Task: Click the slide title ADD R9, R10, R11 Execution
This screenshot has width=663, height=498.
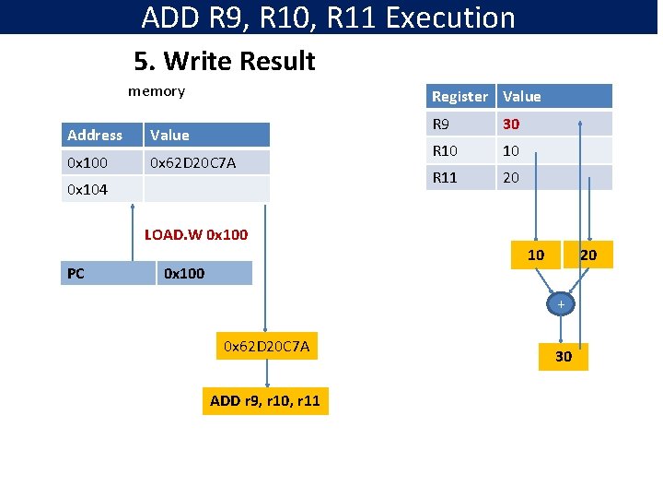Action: [329, 18]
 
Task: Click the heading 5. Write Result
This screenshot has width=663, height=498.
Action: [224, 62]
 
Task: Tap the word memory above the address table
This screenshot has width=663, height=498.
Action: [157, 91]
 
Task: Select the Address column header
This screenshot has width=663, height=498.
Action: [101, 135]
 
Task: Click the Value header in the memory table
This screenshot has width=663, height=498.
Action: [208, 135]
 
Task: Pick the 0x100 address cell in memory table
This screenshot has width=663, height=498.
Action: [101, 162]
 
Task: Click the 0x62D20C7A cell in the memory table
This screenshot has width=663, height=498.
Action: [208, 162]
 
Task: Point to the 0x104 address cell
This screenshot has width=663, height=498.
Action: [101, 189]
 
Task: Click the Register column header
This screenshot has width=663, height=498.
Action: [460, 96]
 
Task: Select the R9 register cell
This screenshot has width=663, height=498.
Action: [460, 124]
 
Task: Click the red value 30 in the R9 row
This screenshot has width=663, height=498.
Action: [511, 124]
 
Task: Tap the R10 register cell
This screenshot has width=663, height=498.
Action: [460, 150]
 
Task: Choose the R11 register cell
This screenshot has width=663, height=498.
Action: [460, 177]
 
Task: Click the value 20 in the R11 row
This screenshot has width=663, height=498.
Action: [511, 177]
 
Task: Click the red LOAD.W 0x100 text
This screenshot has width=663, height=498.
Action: [196, 234]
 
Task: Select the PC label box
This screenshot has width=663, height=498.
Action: [107, 273]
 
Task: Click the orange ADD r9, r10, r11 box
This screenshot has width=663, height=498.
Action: [265, 400]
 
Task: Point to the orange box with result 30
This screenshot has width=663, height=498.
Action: [563, 356]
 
